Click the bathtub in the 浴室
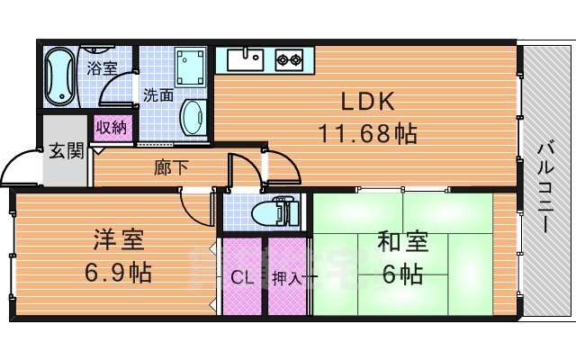point(61,77)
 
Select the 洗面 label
point(159,93)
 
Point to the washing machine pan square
point(191,65)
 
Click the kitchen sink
point(245,60)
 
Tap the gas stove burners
point(290,60)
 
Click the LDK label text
point(366,100)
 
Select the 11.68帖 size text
point(366,134)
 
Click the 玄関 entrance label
point(66,149)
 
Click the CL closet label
point(241,278)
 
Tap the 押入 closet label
point(286,278)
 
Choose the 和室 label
point(401,241)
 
